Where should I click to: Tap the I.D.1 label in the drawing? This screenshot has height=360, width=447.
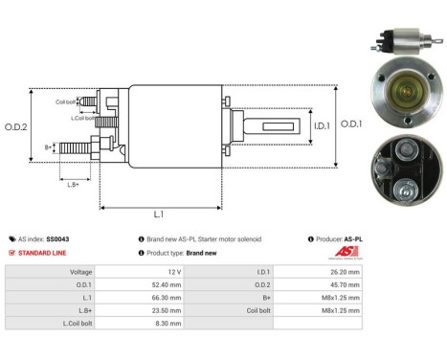coord(320,124)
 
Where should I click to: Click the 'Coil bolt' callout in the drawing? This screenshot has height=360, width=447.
coord(65,101)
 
